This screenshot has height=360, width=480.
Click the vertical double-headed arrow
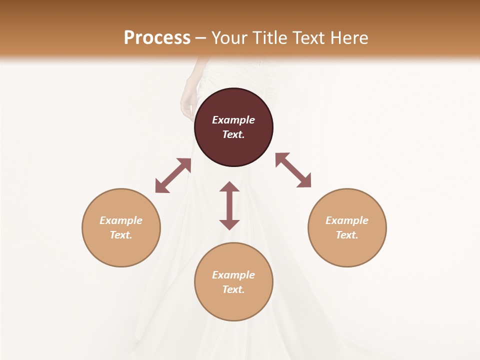coord(229,205)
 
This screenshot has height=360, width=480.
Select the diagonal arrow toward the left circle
coord(173,175)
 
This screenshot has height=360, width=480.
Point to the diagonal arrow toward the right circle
coord(293,170)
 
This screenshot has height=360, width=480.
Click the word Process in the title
coord(157,37)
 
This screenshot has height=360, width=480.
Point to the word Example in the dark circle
coord(233,120)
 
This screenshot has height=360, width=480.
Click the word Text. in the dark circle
coord(233,134)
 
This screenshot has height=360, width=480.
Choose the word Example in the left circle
coord(121,220)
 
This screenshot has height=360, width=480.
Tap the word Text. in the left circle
coord(121,235)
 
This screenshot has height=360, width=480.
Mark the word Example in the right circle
coord(347,220)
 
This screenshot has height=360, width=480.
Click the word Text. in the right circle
coord(347,235)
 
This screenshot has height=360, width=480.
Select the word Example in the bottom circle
coord(233,275)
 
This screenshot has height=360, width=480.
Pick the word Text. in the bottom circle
coord(233,289)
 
